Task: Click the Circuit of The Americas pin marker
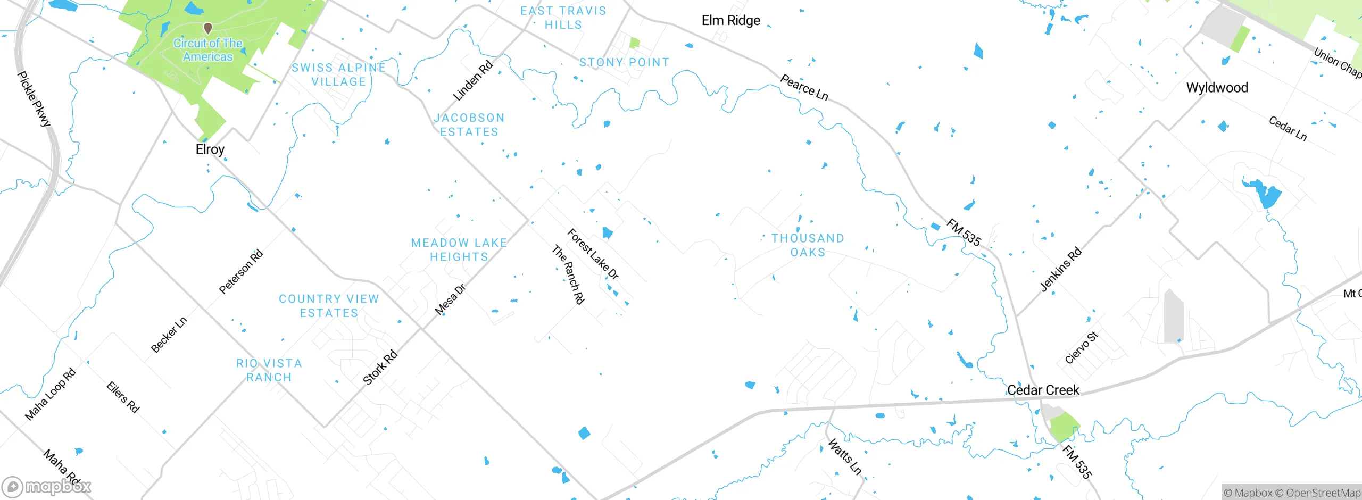(208, 28)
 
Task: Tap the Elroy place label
(210, 149)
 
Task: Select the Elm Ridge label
(730, 21)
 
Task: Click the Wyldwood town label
(1217, 88)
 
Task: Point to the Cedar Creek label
(1043, 390)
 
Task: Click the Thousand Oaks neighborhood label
(808, 245)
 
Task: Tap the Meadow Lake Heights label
(459, 250)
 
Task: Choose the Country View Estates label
(329, 306)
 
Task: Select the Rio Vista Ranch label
(269, 370)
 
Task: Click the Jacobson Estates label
(469, 125)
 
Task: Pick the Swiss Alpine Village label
(338, 75)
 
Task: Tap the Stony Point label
(624, 63)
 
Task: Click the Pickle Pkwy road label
(34, 99)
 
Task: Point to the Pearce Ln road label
(804, 87)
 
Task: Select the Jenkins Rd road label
(1060, 269)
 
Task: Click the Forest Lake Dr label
(593, 254)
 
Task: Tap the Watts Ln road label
(844, 456)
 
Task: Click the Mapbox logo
(46, 486)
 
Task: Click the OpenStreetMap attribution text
(1323, 493)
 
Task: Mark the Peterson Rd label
(241, 272)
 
